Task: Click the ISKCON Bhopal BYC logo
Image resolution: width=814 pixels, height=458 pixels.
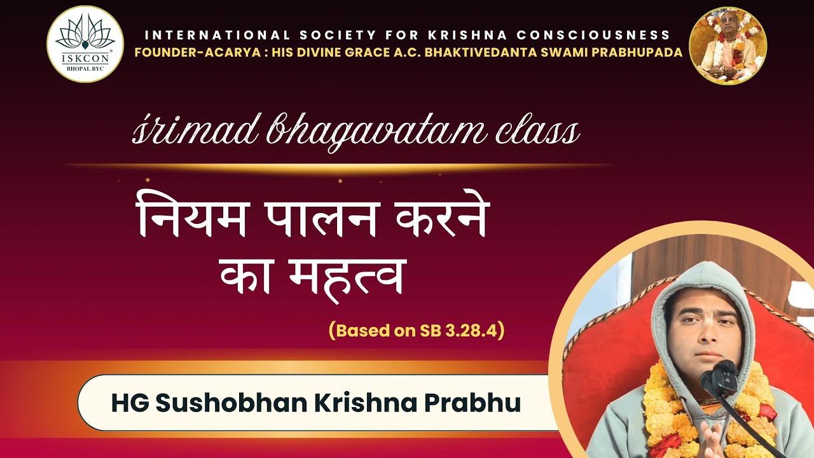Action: pos(85,45)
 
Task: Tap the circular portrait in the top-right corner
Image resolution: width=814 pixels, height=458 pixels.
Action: pos(728,45)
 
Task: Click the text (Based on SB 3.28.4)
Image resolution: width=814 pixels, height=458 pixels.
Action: pos(417,331)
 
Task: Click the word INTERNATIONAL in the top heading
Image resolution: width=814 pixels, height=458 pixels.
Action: pos(215,35)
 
